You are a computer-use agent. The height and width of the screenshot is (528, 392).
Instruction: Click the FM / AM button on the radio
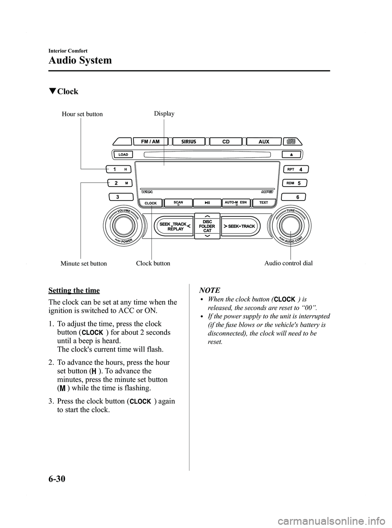pos(150,142)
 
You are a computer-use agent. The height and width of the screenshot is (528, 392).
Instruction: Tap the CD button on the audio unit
pos(226,142)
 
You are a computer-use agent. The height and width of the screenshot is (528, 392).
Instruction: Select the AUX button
pos(264,142)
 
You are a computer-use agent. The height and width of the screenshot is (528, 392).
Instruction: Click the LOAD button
pos(124,155)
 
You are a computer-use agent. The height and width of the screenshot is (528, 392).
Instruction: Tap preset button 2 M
pos(121,183)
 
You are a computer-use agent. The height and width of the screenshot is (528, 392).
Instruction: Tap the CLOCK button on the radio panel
pos(151,203)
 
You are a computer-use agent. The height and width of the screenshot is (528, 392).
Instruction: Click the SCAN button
pos(178,203)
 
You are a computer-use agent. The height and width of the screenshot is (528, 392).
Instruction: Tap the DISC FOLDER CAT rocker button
pos(207,226)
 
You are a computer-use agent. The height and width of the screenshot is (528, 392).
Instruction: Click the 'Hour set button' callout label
pos(82,114)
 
